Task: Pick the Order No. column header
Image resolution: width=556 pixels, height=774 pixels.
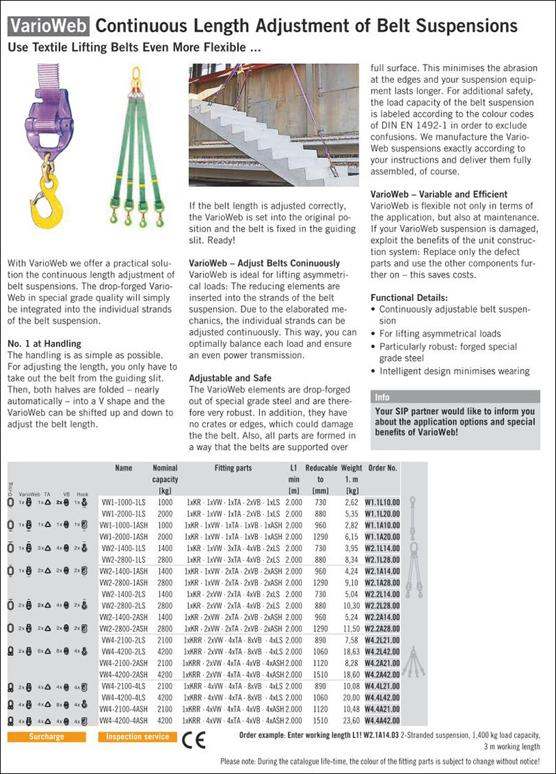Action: point(383,468)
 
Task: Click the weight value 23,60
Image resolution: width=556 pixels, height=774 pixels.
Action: point(352,721)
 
